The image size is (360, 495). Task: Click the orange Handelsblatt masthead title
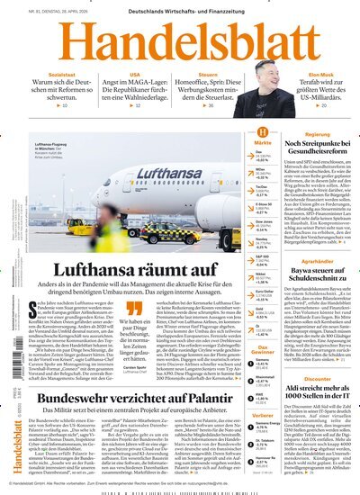[x=180, y=40]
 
